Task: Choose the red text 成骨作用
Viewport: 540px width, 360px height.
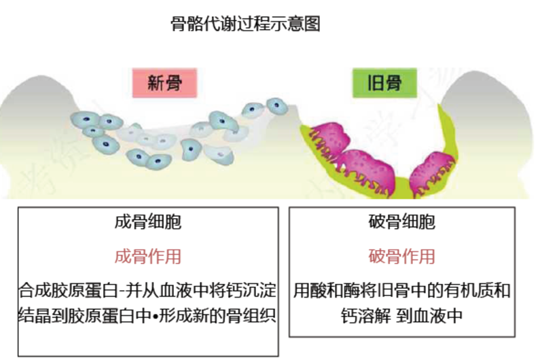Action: pyautogui.click(x=148, y=257)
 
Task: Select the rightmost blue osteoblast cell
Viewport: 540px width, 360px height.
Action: pyautogui.click(x=276, y=105)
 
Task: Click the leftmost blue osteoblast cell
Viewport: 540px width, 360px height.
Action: pyautogui.click(x=82, y=120)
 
